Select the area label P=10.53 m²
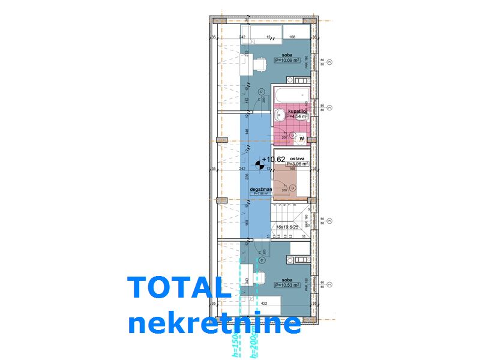point(290,285)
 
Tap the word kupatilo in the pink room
point(298,111)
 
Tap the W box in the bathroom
point(302,139)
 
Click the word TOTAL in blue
point(179,289)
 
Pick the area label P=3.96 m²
point(297,163)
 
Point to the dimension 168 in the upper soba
point(292,37)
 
